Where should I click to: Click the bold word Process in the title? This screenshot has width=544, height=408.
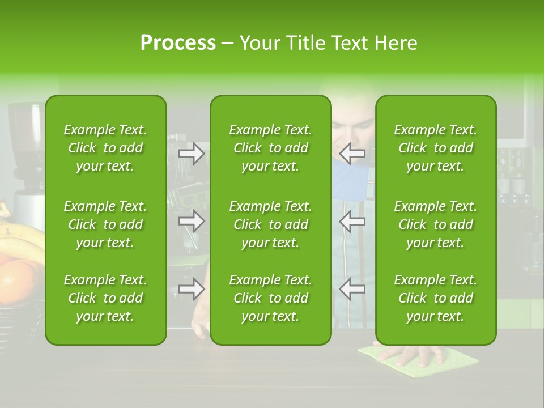coord(178,42)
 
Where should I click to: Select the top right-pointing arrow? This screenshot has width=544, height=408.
coord(192,153)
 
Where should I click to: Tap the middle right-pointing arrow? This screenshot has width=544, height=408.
coord(192,221)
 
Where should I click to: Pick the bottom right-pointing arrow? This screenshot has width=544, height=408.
coord(192,290)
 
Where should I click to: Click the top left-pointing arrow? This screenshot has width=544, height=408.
coord(352,153)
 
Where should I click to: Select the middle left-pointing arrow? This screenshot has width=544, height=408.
coord(352,221)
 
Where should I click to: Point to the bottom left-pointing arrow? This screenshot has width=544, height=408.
coord(352,290)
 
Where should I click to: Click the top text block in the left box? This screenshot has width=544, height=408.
coord(105,148)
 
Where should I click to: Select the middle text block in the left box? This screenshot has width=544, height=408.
coord(105,224)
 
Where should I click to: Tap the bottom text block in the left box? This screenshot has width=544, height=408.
coord(105,298)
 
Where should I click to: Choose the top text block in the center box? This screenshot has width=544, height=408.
coord(270,148)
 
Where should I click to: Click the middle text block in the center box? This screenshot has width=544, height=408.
coord(270,224)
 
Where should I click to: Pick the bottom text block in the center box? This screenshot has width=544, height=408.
coord(270,298)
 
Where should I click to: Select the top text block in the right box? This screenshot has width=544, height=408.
coord(435,148)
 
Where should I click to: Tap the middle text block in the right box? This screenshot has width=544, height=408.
coord(435,224)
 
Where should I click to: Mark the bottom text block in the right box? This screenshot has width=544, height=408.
coord(435,298)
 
